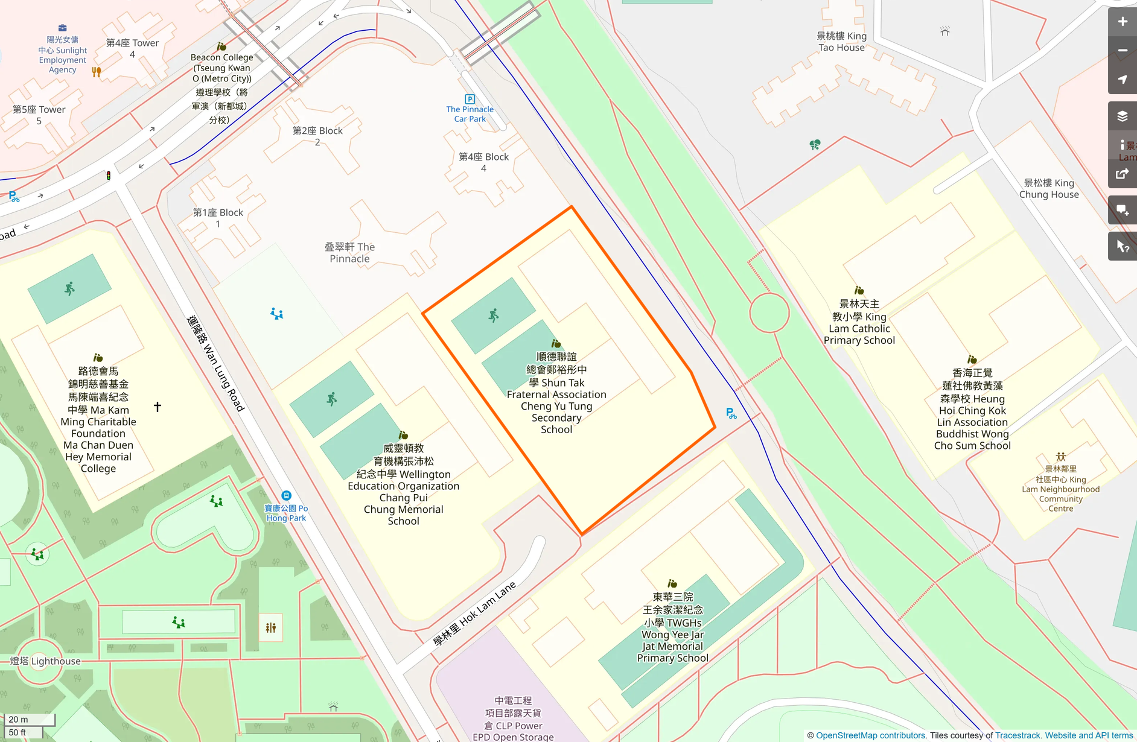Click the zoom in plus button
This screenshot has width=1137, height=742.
coord(1123,22)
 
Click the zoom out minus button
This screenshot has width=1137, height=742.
coord(1123,51)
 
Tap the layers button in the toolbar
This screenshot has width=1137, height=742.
coord(1123,116)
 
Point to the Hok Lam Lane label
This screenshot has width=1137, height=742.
coord(474,614)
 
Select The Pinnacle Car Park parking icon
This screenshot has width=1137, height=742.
coord(470,99)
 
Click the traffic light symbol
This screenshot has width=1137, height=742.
coord(109,176)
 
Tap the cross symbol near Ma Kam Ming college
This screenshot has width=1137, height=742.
coord(158,407)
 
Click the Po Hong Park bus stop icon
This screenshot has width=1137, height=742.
coord(287,496)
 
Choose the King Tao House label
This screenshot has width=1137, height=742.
coord(841,42)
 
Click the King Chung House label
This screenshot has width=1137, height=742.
coord(1049,189)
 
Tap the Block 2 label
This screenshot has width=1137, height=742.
coord(317,136)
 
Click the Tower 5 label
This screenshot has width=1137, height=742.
coord(39,115)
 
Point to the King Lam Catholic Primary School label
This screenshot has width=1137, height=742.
coord(859,322)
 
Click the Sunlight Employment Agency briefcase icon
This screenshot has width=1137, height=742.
coord(63,28)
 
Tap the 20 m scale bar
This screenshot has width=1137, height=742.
coord(30,719)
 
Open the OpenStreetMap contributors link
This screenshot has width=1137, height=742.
coord(871,735)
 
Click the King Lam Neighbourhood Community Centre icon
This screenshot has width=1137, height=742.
coord(1061,457)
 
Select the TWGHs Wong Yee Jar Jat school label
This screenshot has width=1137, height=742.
coord(672,627)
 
